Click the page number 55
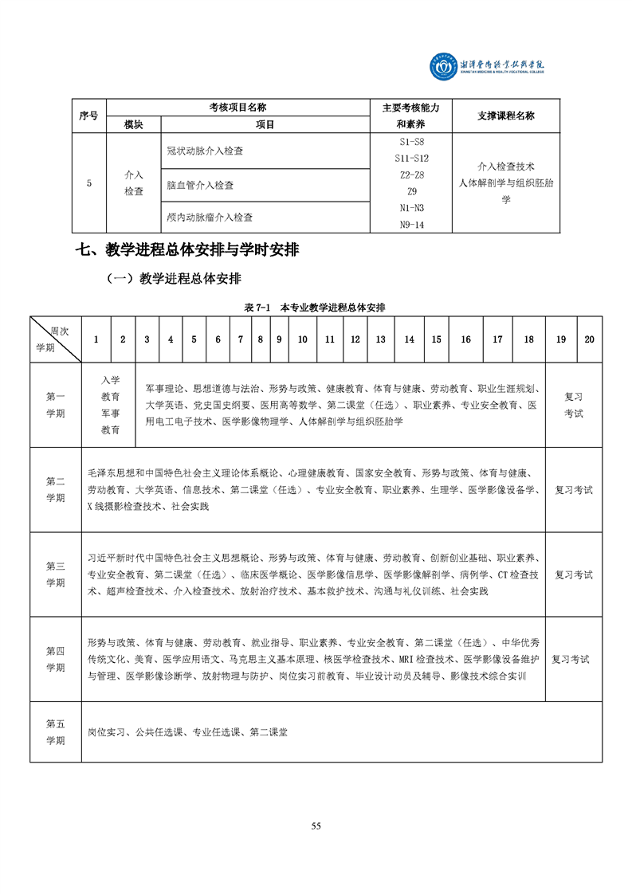click(316, 825)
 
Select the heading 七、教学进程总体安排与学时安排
click(187, 249)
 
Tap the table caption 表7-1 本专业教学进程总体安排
click(316, 307)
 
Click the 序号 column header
click(88, 116)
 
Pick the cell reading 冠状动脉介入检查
click(205, 151)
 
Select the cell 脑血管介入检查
click(200, 185)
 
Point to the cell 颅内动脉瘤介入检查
click(210, 217)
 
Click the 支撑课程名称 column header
click(506, 116)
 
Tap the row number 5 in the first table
click(88, 183)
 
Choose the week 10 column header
click(303, 339)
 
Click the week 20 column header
click(589, 339)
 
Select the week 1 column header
click(96, 339)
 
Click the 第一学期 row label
click(56, 405)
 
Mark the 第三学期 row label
click(56, 574)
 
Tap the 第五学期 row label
click(56, 731)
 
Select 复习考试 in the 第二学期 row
click(574, 490)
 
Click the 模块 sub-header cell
click(134, 124)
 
